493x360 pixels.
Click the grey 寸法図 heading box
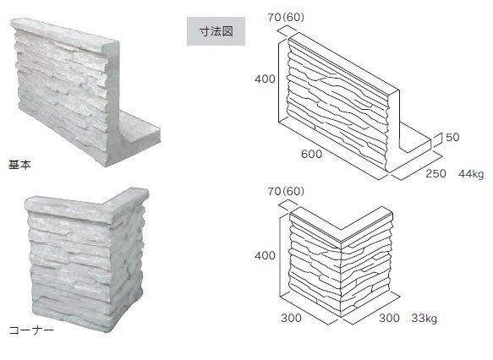coord(216,31)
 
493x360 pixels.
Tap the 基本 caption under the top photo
coord(19,165)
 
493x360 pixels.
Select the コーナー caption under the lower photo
coord(31,330)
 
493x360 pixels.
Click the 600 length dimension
coord(311,154)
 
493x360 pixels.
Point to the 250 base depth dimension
coord(435,173)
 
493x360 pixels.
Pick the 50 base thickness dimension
coord(452,137)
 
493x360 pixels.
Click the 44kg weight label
coord(471,174)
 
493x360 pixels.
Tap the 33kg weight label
coord(425,319)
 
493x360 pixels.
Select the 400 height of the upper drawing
coord(265,79)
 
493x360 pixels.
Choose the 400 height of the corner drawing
coord(265,255)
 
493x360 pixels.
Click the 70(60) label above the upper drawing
coord(286,17)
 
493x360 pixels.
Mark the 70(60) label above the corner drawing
coord(286,191)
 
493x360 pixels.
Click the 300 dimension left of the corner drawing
coord(291,318)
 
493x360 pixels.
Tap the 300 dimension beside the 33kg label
coord(389,318)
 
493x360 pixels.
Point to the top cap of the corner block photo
coord(86,205)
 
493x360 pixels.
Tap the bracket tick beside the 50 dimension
coord(438,140)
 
